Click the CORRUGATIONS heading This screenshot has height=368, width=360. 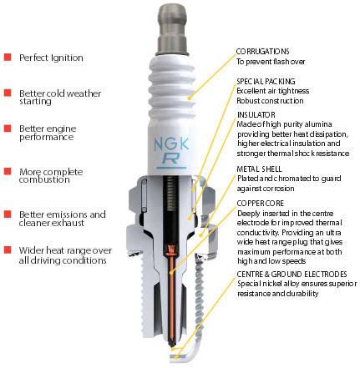[x=261, y=50]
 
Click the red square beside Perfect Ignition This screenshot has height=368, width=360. [x=8, y=58]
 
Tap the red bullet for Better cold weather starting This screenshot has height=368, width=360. [x=8, y=93]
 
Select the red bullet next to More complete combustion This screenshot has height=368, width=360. [x=8, y=172]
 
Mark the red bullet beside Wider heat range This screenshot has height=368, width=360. [x=8, y=250]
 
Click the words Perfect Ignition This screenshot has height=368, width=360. [x=51, y=58]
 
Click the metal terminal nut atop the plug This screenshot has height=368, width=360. [x=178, y=21]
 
